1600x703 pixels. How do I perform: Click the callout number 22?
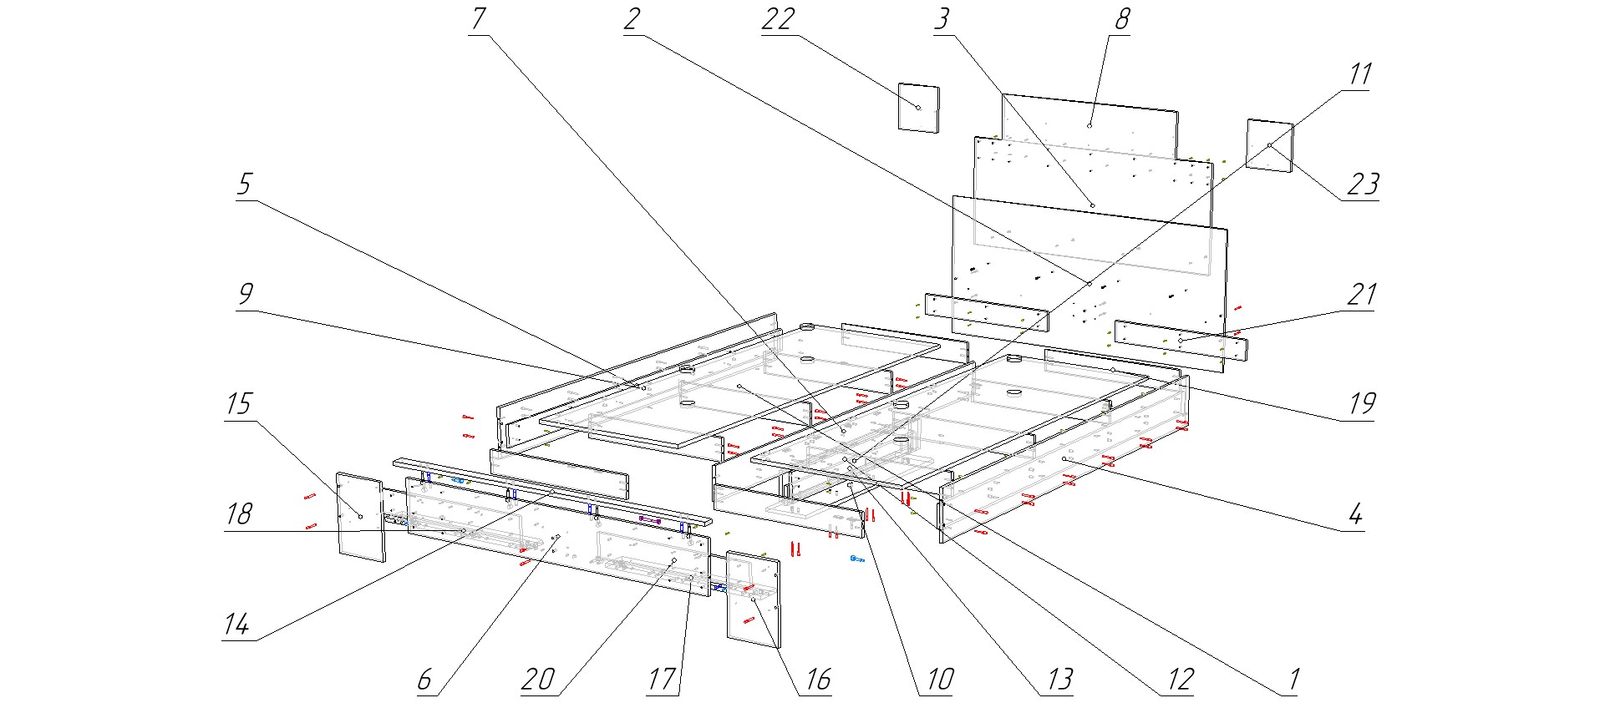[778, 19]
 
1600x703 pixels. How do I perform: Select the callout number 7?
[479, 18]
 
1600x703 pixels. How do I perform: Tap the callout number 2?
[632, 18]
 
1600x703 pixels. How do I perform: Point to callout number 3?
[942, 18]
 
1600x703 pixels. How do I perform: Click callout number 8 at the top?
[1122, 18]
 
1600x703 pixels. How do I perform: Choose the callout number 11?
[1359, 74]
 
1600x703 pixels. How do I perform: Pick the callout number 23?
[1363, 184]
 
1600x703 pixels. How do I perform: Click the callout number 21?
[1362, 294]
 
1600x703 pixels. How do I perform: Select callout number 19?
[1362, 404]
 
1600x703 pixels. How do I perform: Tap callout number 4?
[1355, 513]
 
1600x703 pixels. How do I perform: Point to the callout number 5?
[244, 184]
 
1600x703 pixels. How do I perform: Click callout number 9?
[246, 294]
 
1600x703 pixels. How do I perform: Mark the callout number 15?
[239, 404]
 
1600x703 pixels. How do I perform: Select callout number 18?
[239, 513]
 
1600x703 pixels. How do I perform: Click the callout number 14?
[237, 624]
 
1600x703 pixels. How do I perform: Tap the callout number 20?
[538, 680]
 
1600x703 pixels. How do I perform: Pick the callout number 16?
[818, 680]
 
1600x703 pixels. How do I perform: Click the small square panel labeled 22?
[918, 107]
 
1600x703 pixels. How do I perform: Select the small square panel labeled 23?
[1269, 145]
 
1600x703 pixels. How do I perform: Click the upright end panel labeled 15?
[360, 516]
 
